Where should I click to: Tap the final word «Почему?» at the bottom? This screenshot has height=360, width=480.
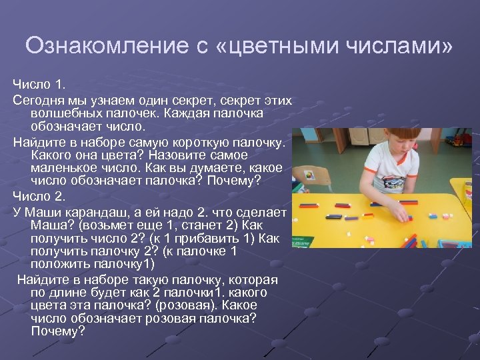coord(58,331)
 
